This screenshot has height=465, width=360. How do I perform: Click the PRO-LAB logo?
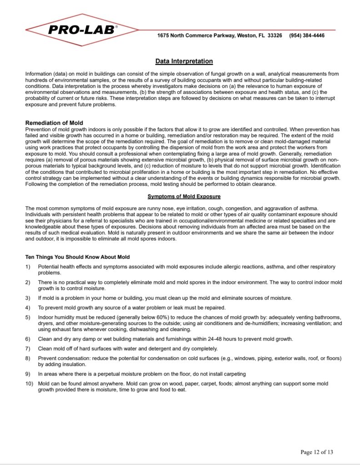[82, 30]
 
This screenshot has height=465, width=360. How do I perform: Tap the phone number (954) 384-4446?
[307, 35]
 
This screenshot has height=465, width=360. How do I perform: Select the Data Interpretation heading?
[184, 61]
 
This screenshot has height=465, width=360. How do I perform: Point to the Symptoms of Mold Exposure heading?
[184, 196]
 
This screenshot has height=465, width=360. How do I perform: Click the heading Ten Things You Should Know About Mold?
[77, 257]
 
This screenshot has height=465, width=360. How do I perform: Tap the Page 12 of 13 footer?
[317, 452]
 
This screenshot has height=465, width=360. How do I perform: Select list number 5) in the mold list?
[28, 317]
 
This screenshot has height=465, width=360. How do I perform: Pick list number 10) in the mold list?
[30, 384]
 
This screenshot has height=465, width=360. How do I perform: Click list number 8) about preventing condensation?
[28, 358]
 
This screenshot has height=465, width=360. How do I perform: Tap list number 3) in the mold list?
[28, 298]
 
